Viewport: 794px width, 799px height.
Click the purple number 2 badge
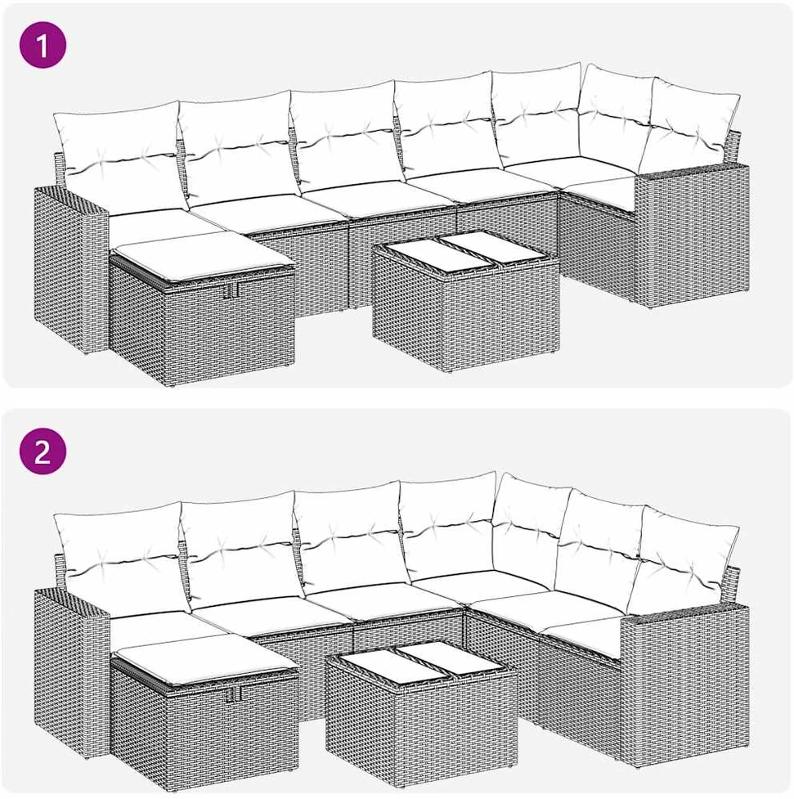point(43,451)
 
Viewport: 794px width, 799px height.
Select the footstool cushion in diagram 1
point(203,255)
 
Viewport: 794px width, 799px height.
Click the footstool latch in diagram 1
point(232,290)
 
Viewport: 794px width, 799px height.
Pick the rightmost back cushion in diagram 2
point(683,559)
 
